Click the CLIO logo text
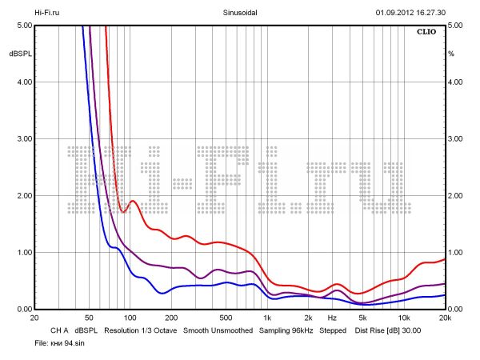tap(426, 33)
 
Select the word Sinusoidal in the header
tap(240, 13)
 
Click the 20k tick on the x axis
tap(445, 318)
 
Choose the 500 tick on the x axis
tap(226, 318)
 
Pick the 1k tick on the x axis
tap(267, 318)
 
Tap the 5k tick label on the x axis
tap(362, 318)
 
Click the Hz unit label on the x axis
tap(332, 318)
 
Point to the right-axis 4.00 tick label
tap(456, 82)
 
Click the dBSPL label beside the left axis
tap(19, 54)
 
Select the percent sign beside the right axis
tap(451, 54)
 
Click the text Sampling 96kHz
tap(285, 330)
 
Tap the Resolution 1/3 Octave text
tap(140, 330)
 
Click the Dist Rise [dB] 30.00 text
tap(387, 330)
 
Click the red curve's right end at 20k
tap(444, 259)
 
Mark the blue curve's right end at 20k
tap(444, 295)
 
